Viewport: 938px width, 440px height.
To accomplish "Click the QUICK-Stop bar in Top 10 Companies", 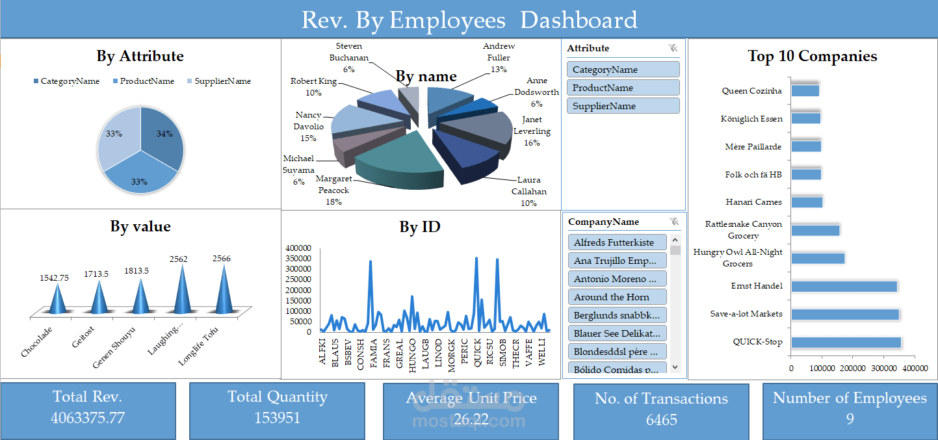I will pos(845,343).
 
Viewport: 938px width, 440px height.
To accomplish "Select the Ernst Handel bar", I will pos(843,287).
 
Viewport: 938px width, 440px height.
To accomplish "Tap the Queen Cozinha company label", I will pos(751,91).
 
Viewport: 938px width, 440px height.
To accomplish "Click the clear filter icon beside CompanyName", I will pos(673,222).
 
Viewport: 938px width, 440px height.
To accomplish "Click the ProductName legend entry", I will pos(146,81).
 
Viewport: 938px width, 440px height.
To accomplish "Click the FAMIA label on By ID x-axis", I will pos(373,353).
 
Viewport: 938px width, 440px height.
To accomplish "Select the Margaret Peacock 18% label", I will pos(333,190).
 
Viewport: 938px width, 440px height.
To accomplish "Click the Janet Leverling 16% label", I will pos(532,131).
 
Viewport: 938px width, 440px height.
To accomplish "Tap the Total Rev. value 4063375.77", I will pos(88,418).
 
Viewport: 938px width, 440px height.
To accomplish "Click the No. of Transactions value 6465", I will pos(661,420).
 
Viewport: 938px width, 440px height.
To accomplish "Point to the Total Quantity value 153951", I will pos(277,417).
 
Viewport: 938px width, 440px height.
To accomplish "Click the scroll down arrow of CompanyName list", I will pos(675,367).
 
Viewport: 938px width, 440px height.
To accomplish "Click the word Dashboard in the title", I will pos(579,20).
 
